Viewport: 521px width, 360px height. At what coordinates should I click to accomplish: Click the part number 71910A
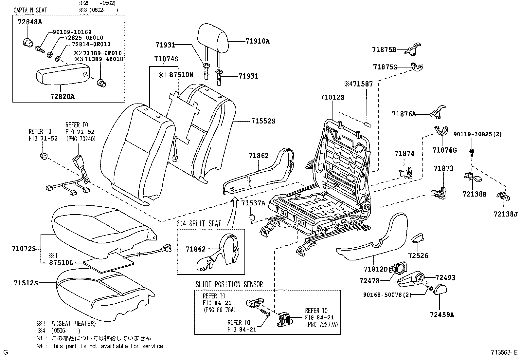pos(258,41)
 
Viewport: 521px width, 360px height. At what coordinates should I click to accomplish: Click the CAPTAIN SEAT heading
pos(30,10)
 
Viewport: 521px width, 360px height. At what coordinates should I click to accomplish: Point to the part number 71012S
pos(332,97)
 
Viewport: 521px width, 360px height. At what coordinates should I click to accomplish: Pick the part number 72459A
pos(442,315)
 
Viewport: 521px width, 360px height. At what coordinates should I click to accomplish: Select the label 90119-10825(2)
pos(477,134)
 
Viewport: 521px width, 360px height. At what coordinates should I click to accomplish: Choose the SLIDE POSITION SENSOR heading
pos(229,284)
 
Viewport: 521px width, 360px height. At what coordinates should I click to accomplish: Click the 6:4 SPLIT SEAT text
pos(199,224)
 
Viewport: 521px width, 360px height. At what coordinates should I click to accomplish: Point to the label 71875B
pos(384,49)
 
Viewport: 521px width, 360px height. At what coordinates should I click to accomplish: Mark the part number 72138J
pos(506,214)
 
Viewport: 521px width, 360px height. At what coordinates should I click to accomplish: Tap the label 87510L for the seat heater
pos(61,263)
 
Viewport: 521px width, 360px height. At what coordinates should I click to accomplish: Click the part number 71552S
pos(263,121)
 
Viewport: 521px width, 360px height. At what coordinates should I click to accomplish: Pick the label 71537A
pos(253,203)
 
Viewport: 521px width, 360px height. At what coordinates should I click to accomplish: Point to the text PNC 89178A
pos(219,310)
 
